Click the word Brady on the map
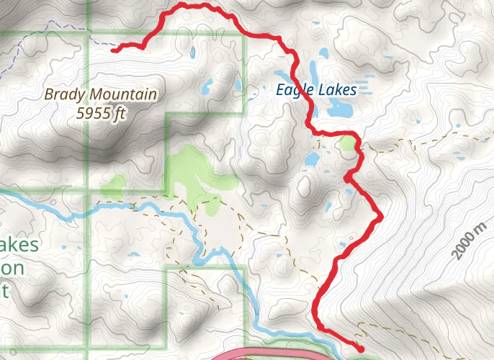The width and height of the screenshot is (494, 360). (64, 94)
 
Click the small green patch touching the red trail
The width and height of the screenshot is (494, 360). (349, 143)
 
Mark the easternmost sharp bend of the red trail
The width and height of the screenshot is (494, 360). (380, 215)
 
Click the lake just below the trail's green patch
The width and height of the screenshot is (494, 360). (313, 159)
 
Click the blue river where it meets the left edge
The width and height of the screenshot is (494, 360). (3, 192)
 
